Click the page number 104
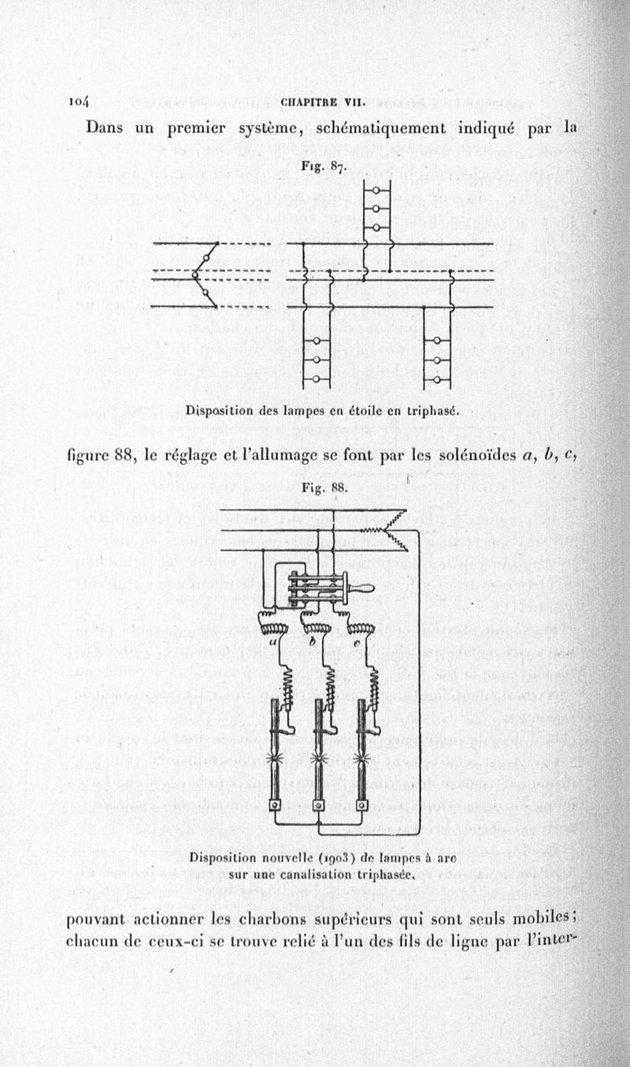(80, 101)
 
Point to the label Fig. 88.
(324, 487)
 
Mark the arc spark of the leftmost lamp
(276, 758)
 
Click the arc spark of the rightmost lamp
(362, 758)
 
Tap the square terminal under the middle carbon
(319, 806)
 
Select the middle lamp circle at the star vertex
(196, 275)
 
